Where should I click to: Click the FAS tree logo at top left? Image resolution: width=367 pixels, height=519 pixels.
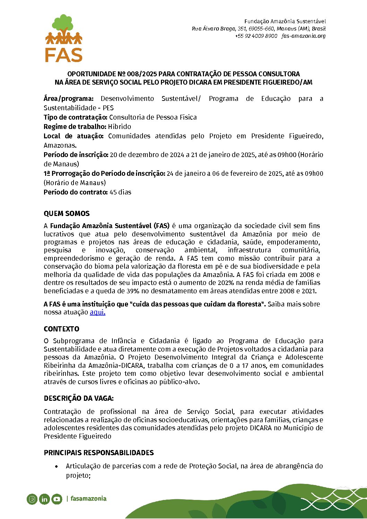64,38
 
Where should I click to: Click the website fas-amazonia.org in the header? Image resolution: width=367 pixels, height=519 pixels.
304,36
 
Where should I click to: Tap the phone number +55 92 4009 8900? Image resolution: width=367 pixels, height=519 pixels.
256,36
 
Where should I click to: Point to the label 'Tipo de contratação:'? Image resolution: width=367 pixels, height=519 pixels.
76,117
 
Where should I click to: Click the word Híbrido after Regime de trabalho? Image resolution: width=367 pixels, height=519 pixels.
119,127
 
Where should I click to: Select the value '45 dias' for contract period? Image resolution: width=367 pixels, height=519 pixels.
120,192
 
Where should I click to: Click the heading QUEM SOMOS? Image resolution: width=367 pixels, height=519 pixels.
67,214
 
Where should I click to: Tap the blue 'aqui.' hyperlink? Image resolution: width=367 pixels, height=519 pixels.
97,312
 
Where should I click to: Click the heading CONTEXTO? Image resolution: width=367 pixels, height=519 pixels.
61,329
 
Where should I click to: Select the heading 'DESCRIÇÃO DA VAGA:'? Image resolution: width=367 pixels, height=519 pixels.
79,398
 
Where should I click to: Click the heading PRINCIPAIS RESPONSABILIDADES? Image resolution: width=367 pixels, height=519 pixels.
99,453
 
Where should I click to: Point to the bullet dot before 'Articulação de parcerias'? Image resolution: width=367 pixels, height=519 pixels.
57,467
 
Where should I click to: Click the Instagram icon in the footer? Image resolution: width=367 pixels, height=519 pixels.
32,499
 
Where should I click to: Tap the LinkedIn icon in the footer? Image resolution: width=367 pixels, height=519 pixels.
44,499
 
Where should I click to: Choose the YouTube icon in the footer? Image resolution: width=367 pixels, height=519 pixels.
57,499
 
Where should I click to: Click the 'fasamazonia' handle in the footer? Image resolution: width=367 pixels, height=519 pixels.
88,499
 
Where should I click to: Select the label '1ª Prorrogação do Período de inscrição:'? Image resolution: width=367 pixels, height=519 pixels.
104,173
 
